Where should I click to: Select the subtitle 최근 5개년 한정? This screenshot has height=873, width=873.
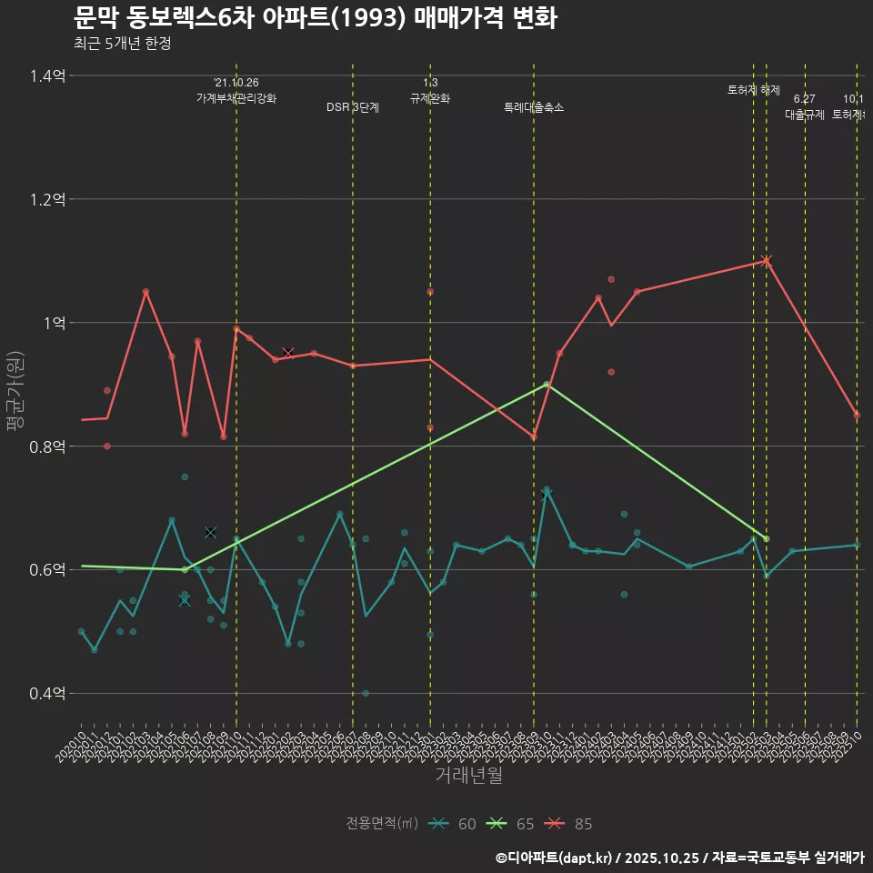(x=122, y=43)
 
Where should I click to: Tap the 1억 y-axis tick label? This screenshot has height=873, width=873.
(x=51, y=323)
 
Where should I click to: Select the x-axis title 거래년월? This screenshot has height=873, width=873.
(x=468, y=776)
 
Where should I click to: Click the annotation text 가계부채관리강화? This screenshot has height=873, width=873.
(x=236, y=98)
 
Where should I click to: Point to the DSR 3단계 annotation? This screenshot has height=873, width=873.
(x=353, y=107)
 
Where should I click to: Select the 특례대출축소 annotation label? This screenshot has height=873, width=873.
(x=534, y=107)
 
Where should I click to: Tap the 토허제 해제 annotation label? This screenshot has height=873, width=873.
(x=754, y=90)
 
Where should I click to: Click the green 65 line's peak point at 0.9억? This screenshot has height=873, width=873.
(x=547, y=385)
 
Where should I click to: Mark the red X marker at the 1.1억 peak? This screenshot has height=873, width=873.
(x=767, y=261)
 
